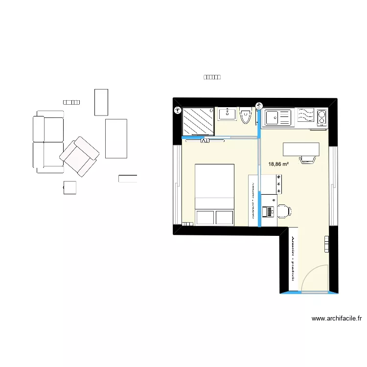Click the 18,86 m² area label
[278, 165]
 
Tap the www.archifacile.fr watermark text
[337, 319]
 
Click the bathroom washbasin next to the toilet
[227, 115]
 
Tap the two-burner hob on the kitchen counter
[321, 117]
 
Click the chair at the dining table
[307, 160]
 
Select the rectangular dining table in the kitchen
[301, 149]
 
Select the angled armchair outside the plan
[79, 156]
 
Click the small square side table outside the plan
[70, 188]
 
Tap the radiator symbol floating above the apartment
[212, 77]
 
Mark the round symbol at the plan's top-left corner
[177, 111]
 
